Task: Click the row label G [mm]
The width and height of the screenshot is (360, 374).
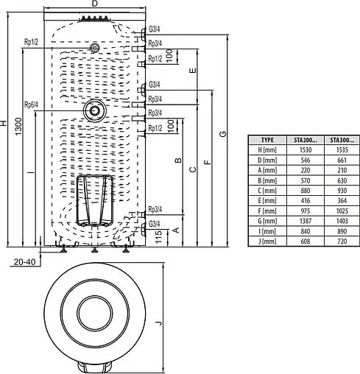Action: click(x=269, y=220)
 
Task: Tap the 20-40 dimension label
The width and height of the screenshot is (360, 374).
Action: click(x=24, y=261)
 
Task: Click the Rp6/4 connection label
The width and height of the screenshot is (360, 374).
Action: click(x=30, y=104)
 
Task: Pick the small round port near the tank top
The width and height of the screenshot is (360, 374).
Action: click(x=95, y=47)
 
